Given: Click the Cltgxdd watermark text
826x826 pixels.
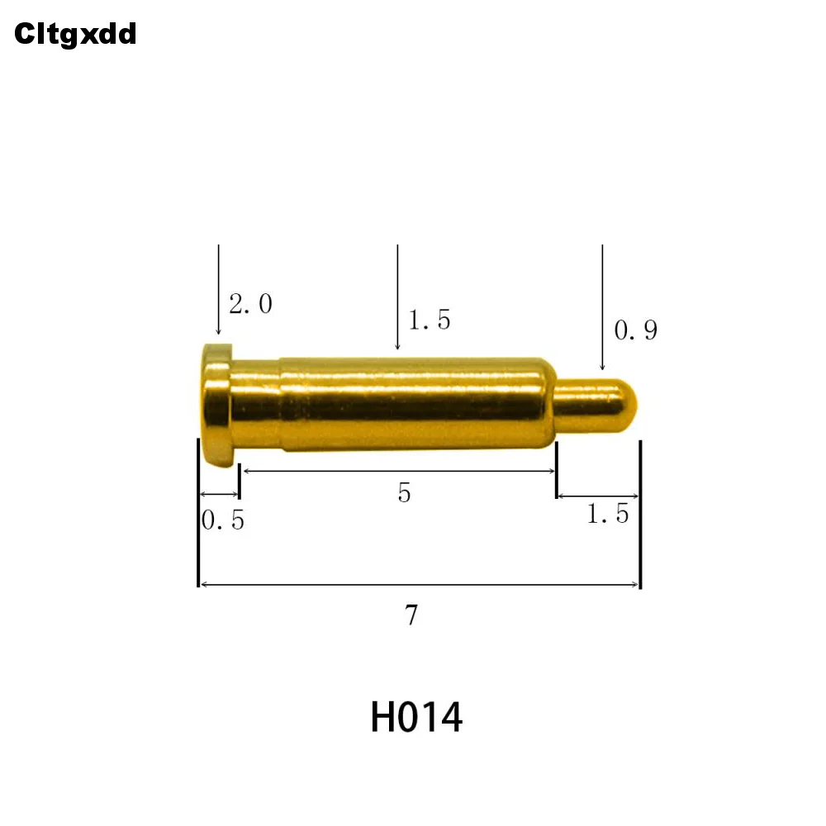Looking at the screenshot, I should pyautogui.click(x=74, y=34).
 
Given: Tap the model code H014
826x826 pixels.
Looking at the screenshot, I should pyautogui.click(x=416, y=717).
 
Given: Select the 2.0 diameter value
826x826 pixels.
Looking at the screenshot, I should pyautogui.click(x=250, y=305).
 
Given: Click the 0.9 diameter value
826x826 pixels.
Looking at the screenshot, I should pyautogui.click(x=635, y=331).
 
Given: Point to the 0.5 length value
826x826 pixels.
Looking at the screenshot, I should pyautogui.click(x=223, y=521).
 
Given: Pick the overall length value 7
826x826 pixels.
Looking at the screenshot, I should pyautogui.click(x=411, y=615).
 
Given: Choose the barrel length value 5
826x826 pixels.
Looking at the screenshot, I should pyautogui.click(x=404, y=493).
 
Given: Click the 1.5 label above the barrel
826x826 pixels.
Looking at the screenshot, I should pyautogui.click(x=430, y=320).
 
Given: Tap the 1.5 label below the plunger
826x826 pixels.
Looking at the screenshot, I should pyautogui.click(x=608, y=515).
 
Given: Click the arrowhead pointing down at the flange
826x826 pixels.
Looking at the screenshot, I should pyautogui.click(x=218, y=330).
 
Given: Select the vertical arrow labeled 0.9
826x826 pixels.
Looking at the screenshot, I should pyautogui.click(x=602, y=306).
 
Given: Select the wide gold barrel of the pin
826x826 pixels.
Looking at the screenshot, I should pyautogui.click(x=413, y=403).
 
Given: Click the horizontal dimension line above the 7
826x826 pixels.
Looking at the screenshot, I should pyautogui.click(x=420, y=585).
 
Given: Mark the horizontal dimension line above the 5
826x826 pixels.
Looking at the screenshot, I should pyautogui.click(x=397, y=471).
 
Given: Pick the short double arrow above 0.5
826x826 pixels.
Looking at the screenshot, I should pyautogui.click(x=219, y=495).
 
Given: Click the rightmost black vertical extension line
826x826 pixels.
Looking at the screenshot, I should pyautogui.click(x=641, y=512).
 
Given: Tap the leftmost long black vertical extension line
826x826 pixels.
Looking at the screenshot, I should pyautogui.click(x=198, y=512).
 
